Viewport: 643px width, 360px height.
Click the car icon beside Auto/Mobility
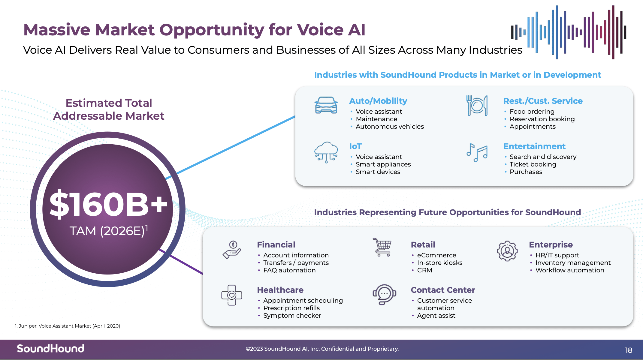tap(326, 105)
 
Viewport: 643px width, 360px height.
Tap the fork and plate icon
tap(477, 106)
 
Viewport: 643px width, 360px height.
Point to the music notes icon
tap(477, 152)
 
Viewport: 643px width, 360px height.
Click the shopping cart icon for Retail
tap(382, 247)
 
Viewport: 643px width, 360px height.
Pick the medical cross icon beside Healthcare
tap(231, 295)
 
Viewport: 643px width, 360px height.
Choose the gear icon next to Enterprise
tap(507, 251)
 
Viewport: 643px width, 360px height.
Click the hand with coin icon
tap(232, 250)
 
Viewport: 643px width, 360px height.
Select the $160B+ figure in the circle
tap(108, 204)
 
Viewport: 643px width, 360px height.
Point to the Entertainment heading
tap(534, 146)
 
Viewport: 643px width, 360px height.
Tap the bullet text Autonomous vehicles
tap(390, 127)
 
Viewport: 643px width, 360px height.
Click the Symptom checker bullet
tap(292, 316)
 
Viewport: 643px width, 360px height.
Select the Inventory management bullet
tap(573, 263)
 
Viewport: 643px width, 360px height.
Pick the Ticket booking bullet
tap(533, 164)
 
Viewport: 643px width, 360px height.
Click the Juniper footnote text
tap(68, 326)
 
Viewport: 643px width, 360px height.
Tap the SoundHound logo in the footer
tap(50, 349)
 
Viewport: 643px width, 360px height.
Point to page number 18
tap(629, 350)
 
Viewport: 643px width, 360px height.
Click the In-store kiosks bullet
tap(440, 263)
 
